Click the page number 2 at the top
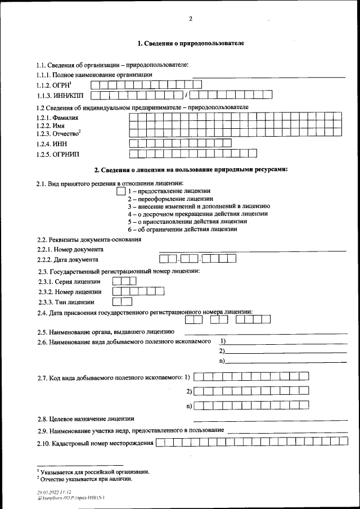tap(191, 19)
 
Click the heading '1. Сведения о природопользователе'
tap(191, 43)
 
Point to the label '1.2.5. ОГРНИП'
tap(58, 154)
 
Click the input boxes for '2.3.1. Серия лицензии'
tap(124, 281)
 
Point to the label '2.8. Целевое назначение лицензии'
tap(85, 418)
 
